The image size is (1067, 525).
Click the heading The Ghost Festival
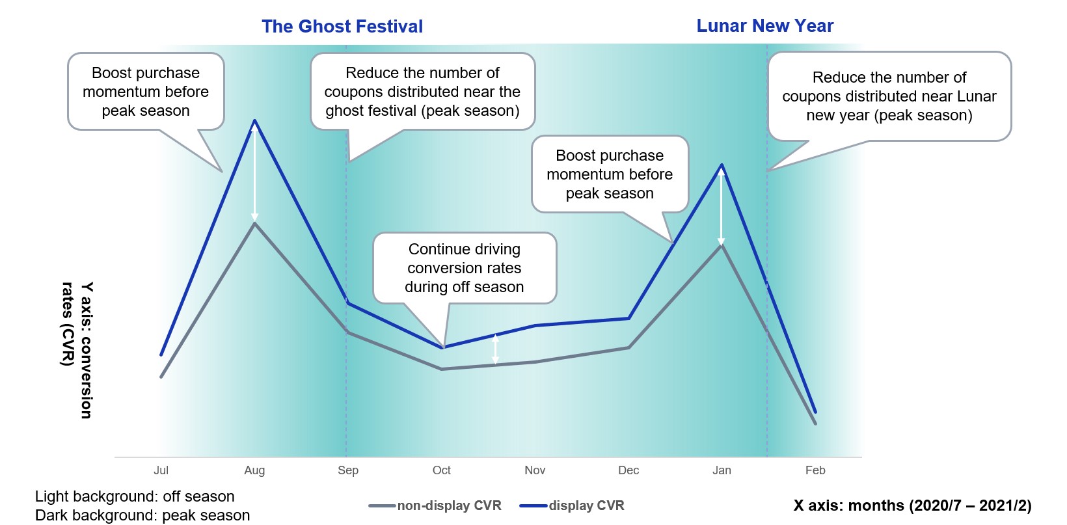[x=342, y=26]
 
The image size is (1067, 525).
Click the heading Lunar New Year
[x=765, y=26]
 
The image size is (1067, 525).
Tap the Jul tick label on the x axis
[x=161, y=470]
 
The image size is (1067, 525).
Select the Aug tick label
[x=254, y=470]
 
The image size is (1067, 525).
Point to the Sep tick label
[x=347, y=470]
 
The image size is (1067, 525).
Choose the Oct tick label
[x=442, y=470]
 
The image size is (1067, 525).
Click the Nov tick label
[x=535, y=470]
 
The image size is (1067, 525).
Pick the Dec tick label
[x=628, y=470]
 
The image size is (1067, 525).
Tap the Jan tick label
[x=722, y=470]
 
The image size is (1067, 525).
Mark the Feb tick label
[x=815, y=470]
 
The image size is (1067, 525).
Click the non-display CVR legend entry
[x=435, y=505]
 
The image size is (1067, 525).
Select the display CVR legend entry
[x=572, y=505]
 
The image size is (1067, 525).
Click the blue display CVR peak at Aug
[x=255, y=120]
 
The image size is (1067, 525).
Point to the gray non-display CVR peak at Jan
[x=722, y=245]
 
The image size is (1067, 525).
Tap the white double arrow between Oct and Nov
[x=495, y=349]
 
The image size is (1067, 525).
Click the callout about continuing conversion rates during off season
[x=465, y=268]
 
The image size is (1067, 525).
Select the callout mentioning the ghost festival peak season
[x=422, y=92]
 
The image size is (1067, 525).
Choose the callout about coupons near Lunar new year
[x=889, y=96]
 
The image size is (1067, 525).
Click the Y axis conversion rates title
[x=77, y=350]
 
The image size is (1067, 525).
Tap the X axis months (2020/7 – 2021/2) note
[x=912, y=505]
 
